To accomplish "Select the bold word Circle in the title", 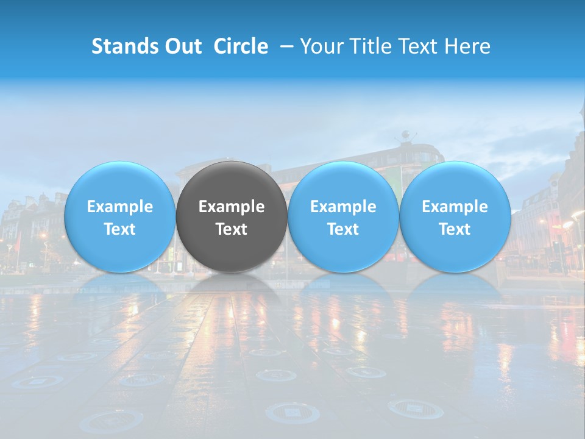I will click(241, 46).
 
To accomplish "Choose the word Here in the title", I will click(467, 46).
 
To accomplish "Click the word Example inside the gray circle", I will click(232, 207).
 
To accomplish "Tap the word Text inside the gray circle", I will click(232, 229).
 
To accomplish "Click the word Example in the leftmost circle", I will click(119, 207).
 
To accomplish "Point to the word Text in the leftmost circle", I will click(119, 229).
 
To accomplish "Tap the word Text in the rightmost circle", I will click(455, 229).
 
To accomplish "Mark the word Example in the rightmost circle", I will click(455, 207).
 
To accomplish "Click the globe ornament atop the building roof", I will click(406, 135).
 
